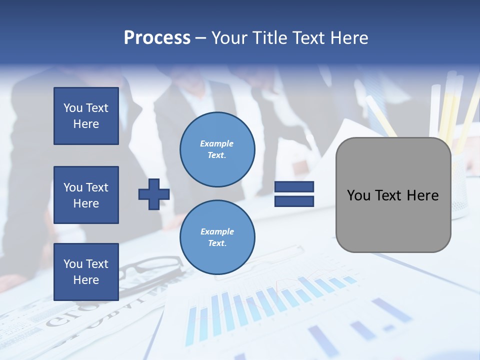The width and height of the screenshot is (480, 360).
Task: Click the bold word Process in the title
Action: (x=157, y=38)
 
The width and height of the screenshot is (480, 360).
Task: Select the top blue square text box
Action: (x=86, y=116)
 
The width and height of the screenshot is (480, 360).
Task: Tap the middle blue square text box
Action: (x=86, y=195)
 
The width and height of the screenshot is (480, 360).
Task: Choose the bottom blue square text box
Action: (x=86, y=271)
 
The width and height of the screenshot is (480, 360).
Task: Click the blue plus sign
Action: (x=154, y=194)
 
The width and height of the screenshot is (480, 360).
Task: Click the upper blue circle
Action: (x=217, y=149)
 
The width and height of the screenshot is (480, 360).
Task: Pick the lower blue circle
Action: (x=217, y=237)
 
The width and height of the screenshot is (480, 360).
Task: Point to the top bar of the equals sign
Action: (x=294, y=187)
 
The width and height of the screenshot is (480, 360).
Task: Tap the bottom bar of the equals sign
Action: (x=294, y=201)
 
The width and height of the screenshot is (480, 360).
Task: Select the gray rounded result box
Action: (x=393, y=195)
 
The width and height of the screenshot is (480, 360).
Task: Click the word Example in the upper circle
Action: (x=217, y=143)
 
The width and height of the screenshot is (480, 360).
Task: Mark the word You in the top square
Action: (x=72, y=108)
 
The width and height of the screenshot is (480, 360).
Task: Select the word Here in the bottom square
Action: (x=86, y=280)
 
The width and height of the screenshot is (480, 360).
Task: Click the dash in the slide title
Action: (x=200, y=38)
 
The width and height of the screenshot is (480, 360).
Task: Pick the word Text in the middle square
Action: (x=96, y=187)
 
